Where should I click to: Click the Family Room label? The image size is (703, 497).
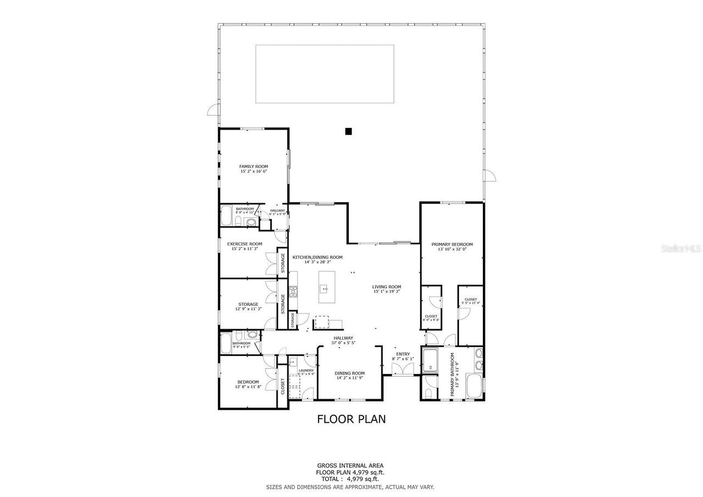tap(253, 166)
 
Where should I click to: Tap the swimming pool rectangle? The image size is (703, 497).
tap(325, 74)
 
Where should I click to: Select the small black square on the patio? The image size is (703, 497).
tap(348, 131)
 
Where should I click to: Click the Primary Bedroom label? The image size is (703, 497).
tap(451, 244)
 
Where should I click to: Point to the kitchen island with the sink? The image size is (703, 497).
tap(326, 287)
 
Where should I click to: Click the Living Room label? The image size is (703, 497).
tap(387, 287)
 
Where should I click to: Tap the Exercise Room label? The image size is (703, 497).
tap(244, 244)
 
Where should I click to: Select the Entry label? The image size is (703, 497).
tap(403, 354)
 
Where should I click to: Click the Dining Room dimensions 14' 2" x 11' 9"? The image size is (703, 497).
tap(350, 378)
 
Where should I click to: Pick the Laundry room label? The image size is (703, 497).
tap(306, 370)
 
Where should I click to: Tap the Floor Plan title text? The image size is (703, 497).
tap(351, 419)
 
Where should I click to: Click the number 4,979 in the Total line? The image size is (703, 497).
tap(359, 479)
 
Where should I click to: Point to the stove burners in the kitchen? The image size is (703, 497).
tap(293, 292)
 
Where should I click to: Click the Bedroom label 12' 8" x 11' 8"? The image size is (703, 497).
tap(248, 382)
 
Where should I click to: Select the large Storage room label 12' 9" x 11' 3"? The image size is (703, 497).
tap(248, 304)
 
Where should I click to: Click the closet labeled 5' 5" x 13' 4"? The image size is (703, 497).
tap(471, 300)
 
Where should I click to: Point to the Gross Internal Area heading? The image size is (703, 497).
tap(350, 466)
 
